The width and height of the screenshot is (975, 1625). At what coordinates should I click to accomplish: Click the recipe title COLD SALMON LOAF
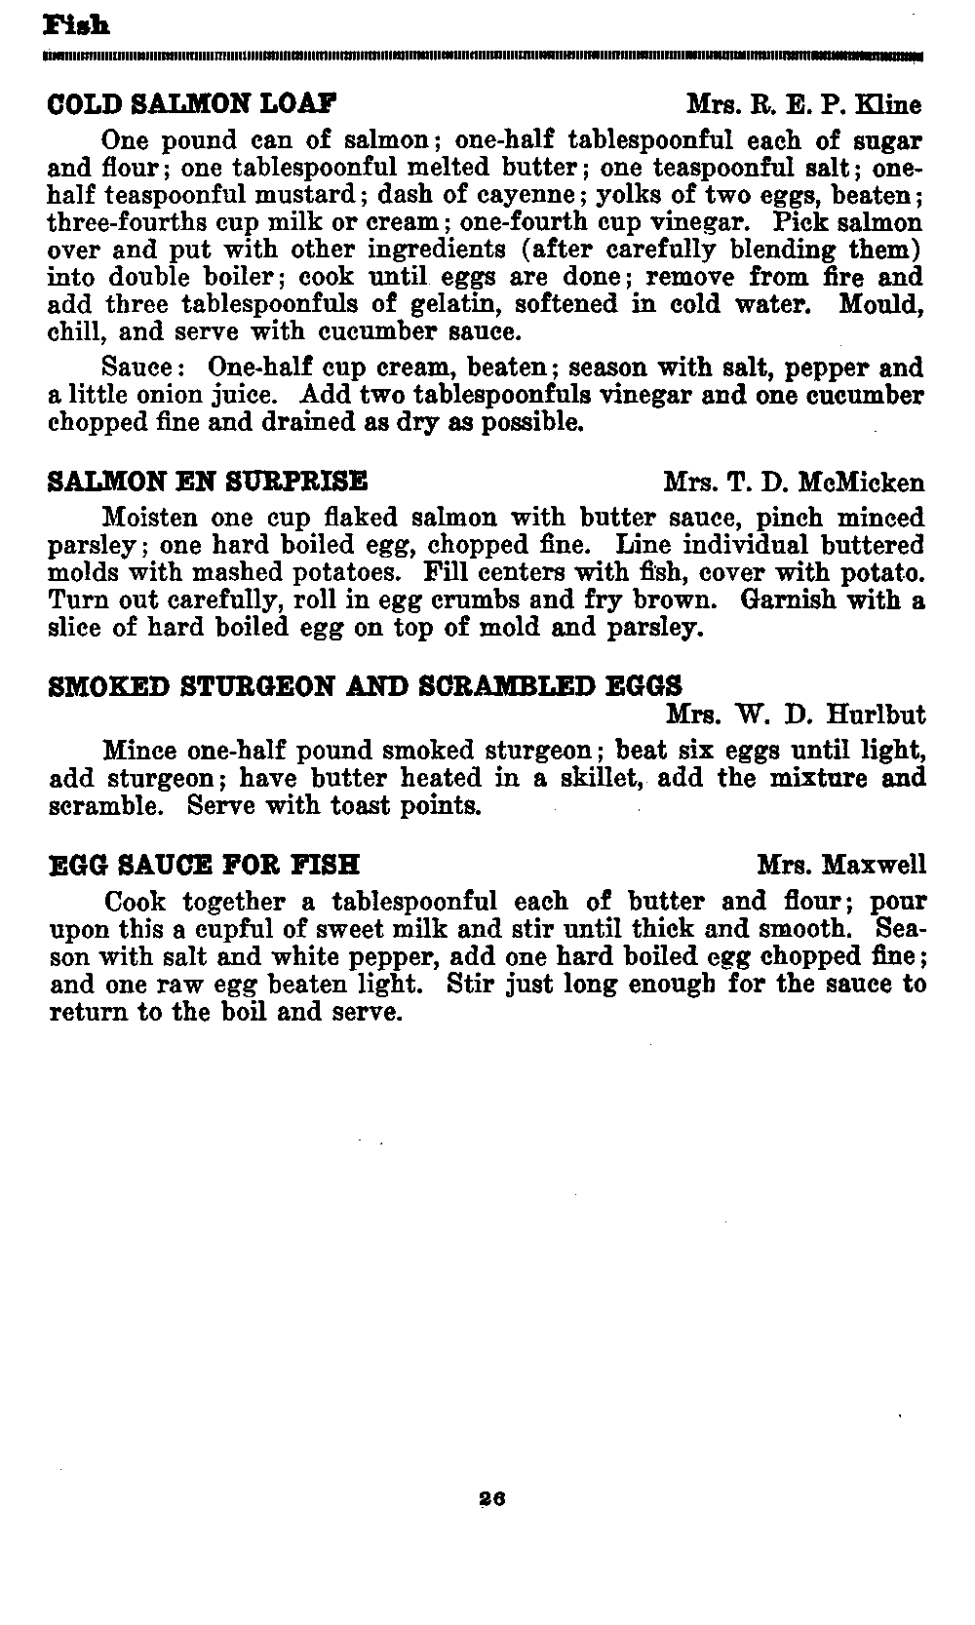(192, 103)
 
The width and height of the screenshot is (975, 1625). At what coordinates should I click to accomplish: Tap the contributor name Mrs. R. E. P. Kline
(802, 104)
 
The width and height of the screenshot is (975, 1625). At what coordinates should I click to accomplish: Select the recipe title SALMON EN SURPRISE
(208, 482)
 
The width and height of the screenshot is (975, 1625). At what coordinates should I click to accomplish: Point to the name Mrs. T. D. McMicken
(794, 482)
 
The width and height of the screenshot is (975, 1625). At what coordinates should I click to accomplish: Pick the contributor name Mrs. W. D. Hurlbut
(796, 716)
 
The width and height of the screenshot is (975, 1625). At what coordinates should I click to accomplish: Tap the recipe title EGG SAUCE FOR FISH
(205, 865)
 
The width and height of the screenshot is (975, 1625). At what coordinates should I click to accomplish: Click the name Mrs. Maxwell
(841, 865)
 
